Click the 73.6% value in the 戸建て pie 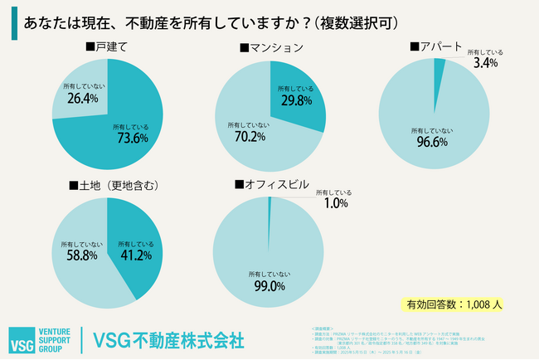[129, 139]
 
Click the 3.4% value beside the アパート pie [485, 62]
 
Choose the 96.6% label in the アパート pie [430, 142]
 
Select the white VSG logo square [23, 339]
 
